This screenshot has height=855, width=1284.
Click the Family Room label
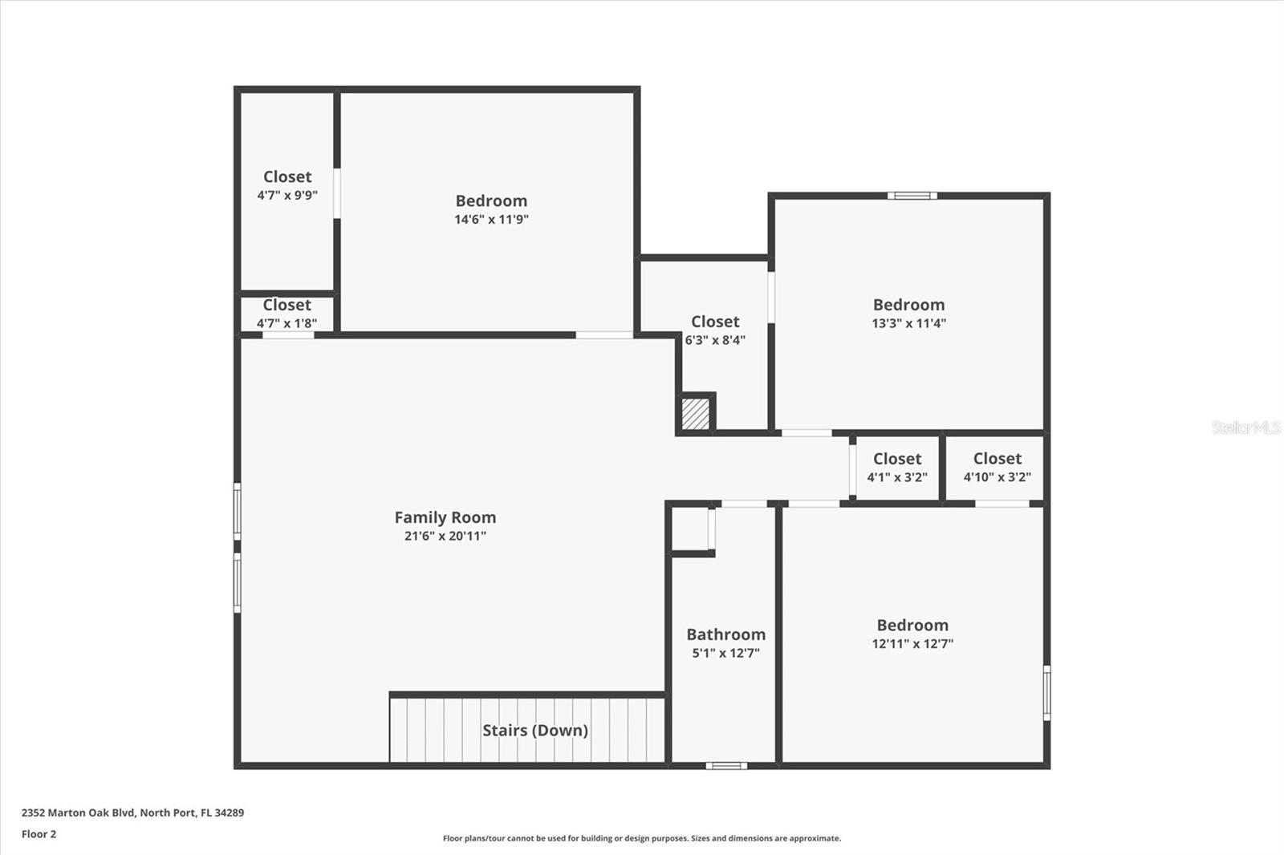click(x=445, y=517)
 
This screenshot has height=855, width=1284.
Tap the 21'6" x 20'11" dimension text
click(x=445, y=536)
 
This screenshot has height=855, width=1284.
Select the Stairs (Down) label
click(x=535, y=730)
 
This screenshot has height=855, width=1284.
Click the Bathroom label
click(x=725, y=634)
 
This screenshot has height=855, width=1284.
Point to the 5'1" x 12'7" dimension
click(x=725, y=653)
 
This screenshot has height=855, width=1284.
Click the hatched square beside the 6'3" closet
click(x=696, y=414)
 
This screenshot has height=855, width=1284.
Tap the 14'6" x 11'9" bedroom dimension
click(x=491, y=219)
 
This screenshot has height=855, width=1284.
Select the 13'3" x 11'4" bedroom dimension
click(x=908, y=323)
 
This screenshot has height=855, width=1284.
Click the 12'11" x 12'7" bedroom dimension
click(x=912, y=643)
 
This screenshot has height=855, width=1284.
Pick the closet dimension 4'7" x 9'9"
click(x=287, y=195)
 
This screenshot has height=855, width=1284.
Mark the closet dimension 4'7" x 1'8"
click(x=286, y=323)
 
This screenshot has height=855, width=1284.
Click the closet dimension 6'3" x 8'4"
click(x=715, y=340)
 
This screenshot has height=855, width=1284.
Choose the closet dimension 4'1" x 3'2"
click(x=897, y=477)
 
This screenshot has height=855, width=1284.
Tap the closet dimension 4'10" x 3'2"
click(x=998, y=477)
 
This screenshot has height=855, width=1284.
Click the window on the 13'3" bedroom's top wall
click(x=912, y=196)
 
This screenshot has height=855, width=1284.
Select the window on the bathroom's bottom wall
click(x=726, y=766)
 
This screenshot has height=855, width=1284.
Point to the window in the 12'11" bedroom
click(x=1046, y=692)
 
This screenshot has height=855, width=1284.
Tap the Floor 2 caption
click(x=39, y=834)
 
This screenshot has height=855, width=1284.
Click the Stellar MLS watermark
click(x=1246, y=427)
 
